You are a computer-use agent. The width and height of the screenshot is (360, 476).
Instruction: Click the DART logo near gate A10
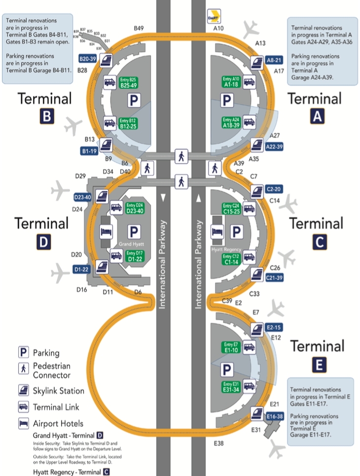pos(215,15)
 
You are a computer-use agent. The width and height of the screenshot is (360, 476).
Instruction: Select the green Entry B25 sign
pos(127,82)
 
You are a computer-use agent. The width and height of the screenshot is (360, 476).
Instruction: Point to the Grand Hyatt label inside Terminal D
pos(131,244)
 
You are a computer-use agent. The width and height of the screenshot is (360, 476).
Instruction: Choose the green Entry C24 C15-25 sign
pos(231,208)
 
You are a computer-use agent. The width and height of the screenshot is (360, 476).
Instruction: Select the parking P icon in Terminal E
pos(227,369)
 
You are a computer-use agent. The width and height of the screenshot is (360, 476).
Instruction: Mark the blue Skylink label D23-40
pos(82,197)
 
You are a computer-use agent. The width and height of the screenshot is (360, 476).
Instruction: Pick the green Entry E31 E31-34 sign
pos(231,387)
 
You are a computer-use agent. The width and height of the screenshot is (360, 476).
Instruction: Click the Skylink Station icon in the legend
pos(23,391)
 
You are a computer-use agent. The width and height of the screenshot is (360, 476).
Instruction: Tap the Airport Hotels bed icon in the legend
pos(23,423)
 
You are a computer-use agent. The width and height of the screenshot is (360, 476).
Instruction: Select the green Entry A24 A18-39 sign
pos(231,123)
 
